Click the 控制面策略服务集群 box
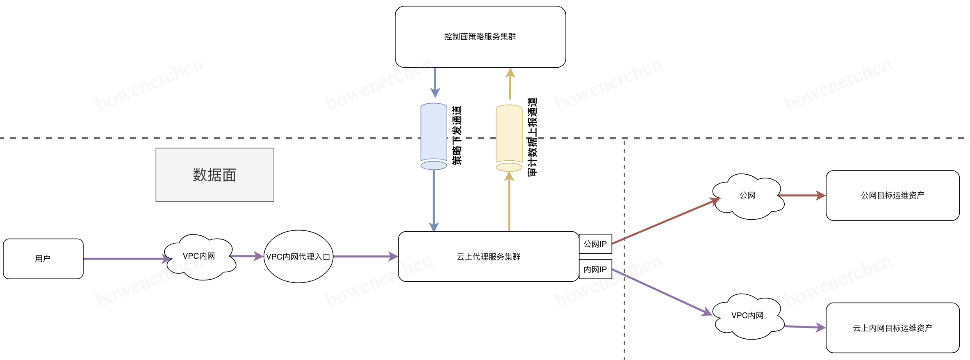[x=480, y=37]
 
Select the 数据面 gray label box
[x=214, y=175]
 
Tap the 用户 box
[x=43, y=259]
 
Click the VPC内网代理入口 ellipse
[x=298, y=257]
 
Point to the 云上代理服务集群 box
[x=488, y=257]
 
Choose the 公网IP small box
[x=595, y=244]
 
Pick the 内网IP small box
[x=595, y=269]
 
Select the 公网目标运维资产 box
[x=892, y=196]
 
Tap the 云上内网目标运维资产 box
[x=892, y=328]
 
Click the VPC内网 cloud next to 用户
[x=199, y=257]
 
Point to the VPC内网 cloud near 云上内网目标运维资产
[x=747, y=316]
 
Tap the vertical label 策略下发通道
[x=457, y=135]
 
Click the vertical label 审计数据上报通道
[x=532, y=137]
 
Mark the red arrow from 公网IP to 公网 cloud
[x=664, y=221]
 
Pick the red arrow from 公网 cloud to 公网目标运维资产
[x=802, y=196]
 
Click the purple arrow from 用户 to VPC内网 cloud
[x=123, y=259]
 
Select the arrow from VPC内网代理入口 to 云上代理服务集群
[x=365, y=257]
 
